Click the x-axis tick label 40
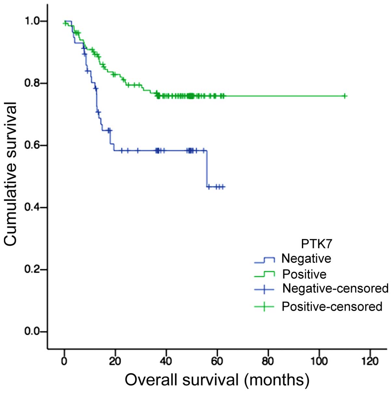click(166, 361)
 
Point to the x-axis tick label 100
click(319, 361)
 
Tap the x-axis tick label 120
click(370, 361)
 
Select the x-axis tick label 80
click(268, 361)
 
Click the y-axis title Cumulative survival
click(11, 174)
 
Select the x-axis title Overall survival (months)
click(217, 380)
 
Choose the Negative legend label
click(306, 259)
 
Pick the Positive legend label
click(304, 274)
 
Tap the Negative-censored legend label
click(335, 288)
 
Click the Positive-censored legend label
click(332, 306)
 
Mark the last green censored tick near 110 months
click(345, 96)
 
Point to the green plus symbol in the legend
click(264, 306)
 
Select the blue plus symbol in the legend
click(264, 289)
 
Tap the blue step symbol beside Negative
click(264, 260)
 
